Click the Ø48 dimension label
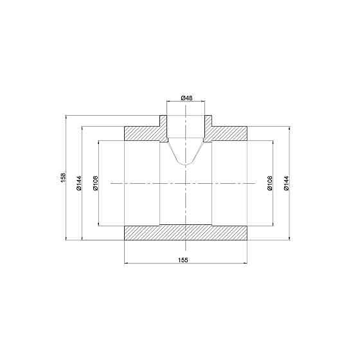pyautogui.click(x=186, y=97)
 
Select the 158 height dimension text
pyautogui.click(x=62, y=177)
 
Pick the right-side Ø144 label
pyautogui.click(x=286, y=183)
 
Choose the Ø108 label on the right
pyautogui.click(x=271, y=183)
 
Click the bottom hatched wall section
pyautogui.click(x=185, y=233)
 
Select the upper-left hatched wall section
pyautogui.click(x=141, y=133)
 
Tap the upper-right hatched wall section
pyautogui.click(x=229, y=133)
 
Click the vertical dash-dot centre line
pyautogui.click(x=186, y=206)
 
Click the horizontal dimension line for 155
pyautogui.click(x=154, y=263)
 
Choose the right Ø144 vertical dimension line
pyautogui.click(x=290, y=212)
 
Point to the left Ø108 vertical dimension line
pyautogui.click(x=98, y=206)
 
